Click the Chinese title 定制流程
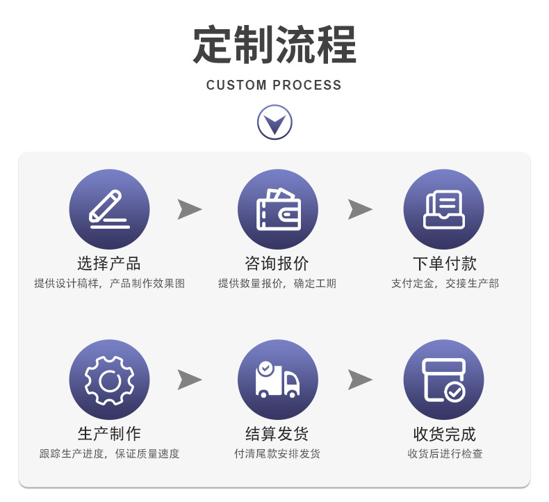[x=274, y=45]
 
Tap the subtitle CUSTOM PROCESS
[x=274, y=86]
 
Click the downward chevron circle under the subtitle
[x=274, y=122]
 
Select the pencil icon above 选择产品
[x=109, y=209]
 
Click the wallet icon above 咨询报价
[x=277, y=209]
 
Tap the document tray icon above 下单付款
[x=443, y=209]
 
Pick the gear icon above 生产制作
[x=109, y=380]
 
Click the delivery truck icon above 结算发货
[x=277, y=380]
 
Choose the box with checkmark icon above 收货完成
[x=443, y=380]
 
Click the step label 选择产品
[x=109, y=264]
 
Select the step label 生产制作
[x=109, y=434]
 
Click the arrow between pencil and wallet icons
[x=189, y=209]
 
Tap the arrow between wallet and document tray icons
[x=360, y=209]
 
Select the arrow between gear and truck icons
[x=189, y=380]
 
